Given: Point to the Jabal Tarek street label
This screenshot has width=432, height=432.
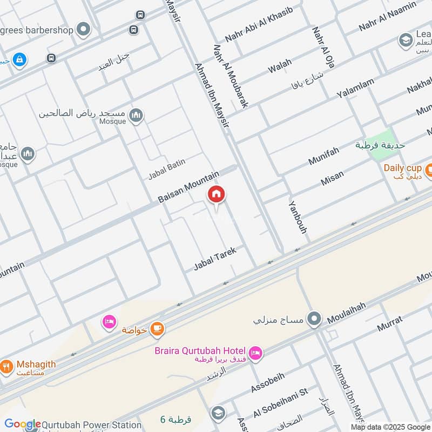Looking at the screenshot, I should [215, 260].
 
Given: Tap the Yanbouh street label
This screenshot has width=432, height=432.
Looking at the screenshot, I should [298, 217].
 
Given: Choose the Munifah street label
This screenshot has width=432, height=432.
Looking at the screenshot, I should [323, 156].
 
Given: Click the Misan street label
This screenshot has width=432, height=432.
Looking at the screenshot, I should [332, 178].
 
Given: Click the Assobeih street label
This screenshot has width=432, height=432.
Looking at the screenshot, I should [267, 382].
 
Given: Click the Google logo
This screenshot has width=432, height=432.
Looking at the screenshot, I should [22, 424].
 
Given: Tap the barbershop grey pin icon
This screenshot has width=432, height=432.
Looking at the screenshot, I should [83, 29].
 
